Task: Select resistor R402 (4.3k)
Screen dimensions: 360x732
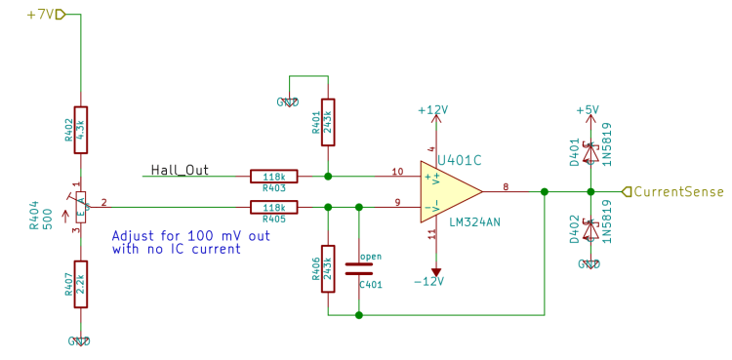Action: click(81, 130)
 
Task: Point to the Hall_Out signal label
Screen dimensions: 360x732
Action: click(180, 170)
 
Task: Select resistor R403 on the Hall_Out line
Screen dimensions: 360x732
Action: click(274, 177)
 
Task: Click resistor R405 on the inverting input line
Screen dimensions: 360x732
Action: click(274, 207)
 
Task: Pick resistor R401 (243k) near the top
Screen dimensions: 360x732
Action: click(328, 121)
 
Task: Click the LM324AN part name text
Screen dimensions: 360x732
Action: click(475, 222)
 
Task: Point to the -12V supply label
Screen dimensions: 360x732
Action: click(428, 281)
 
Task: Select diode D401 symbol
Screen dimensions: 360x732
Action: click(590, 153)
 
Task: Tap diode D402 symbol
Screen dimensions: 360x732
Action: click(590, 230)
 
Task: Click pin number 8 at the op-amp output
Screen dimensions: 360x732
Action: click(506, 185)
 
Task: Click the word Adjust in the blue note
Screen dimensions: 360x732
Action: click(133, 236)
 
